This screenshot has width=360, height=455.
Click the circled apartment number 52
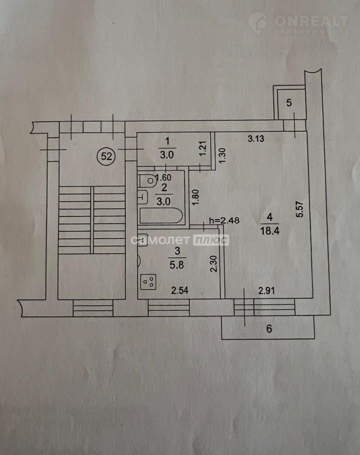click(x=106, y=156)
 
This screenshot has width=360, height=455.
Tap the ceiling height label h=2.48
click(x=224, y=220)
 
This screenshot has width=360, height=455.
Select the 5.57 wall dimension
click(x=299, y=209)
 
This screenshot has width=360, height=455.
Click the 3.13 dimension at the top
click(x=256, y=138)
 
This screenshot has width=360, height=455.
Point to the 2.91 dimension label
click(x=266, y=290)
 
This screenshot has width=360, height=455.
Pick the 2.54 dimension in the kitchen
click(x=180, y=290)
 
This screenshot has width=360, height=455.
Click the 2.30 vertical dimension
click(x=213, y=264)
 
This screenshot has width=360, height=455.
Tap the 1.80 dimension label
click(x=195, y=197)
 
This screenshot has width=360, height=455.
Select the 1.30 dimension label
click(x=222, y=155)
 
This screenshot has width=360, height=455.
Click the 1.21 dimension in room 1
click(x=203, y=148)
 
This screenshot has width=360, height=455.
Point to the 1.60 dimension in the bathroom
click(x=163, y=177)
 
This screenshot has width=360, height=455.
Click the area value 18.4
click(x=269, y=231)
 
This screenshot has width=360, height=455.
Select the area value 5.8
click(x=176, y=264)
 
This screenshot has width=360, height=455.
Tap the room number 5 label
click(x=289, y=102)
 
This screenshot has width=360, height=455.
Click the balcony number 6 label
click(x=269, y=329)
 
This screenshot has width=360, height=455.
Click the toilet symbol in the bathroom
click(x=147, y=181)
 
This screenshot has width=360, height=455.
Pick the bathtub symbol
click(x=161, y=215)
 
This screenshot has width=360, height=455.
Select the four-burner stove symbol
click(x=148, y=281)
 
